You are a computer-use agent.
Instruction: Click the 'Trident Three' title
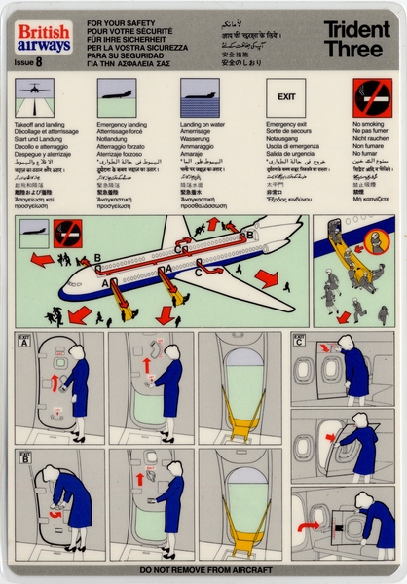[x=356, y=38]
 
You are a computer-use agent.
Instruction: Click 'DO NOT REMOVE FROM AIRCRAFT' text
[x=203, y=570]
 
